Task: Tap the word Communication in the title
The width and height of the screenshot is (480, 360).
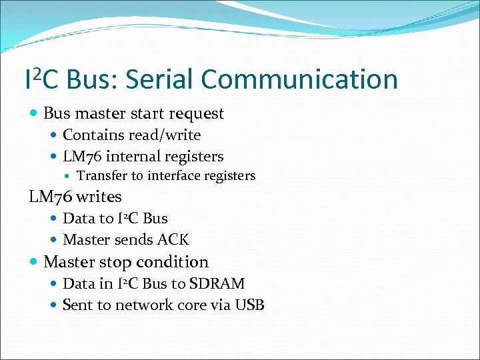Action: click(299, 79)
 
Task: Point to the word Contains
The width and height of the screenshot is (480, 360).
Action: click(88, 135)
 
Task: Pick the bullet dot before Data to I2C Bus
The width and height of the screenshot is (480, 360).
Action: click(55, 218)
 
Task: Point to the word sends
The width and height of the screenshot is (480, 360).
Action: click(132, 239)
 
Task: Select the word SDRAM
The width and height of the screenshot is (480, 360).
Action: click(217, 283)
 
